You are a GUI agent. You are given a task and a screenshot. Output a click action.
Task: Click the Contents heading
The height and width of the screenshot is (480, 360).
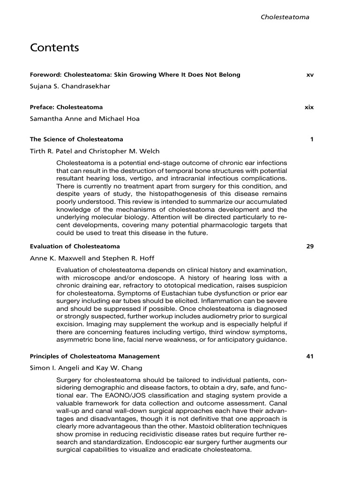[x=54, y=48]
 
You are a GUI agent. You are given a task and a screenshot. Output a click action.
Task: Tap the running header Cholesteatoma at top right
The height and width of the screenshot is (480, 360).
[x=285, y=17]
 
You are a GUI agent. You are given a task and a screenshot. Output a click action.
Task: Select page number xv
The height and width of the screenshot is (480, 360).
[x=309, y=75]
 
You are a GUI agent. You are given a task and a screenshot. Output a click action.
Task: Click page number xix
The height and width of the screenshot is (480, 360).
[x=309, y=107]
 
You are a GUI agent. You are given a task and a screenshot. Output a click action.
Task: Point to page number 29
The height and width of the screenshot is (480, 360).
[x=310, y=246]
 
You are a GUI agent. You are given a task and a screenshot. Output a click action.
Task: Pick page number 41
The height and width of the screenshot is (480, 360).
[x=310, y=356]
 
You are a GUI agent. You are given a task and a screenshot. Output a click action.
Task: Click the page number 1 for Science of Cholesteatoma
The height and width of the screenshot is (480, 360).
[x=312, y=139]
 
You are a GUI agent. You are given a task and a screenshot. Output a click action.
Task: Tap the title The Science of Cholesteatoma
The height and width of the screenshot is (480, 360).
[x=76, y=139]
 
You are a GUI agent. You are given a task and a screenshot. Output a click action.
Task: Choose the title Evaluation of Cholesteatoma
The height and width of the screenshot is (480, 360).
[x=75, y=246]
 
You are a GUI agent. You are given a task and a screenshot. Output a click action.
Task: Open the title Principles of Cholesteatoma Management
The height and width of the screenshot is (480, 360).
[x=95, y=356]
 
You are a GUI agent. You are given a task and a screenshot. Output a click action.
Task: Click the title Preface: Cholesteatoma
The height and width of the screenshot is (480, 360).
[x=66, y=107]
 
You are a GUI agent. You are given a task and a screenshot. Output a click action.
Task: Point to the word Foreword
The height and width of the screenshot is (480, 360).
[x=45, y=75]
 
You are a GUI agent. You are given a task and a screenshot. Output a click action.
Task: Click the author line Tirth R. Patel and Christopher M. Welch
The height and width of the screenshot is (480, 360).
[x=95, y=151]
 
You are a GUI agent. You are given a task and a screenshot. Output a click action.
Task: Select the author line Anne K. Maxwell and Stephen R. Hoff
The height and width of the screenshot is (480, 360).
[x=92, y=258]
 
